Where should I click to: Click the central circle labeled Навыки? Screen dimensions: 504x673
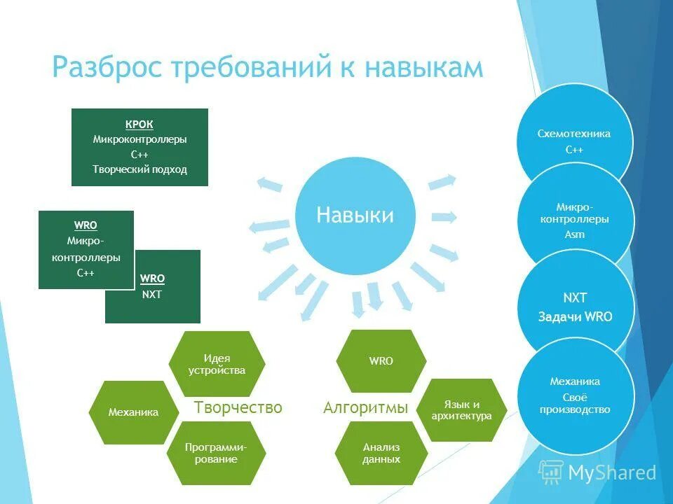(355, 215)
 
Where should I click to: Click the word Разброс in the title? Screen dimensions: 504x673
(112, 68)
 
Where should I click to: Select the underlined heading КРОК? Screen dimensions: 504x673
(140, 125)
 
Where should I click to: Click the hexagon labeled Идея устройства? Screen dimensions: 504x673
(217, 364)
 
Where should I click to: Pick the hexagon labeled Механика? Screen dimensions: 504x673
(133, 412)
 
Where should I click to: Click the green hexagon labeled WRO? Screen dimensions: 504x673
(381, 361)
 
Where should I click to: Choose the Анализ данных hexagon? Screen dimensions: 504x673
(381, 453)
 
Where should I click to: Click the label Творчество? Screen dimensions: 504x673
(238, 407)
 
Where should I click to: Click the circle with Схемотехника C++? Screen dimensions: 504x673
(574, 140)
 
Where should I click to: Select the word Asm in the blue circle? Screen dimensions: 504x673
(574, 234)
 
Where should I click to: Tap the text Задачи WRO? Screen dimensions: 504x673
(575, 316)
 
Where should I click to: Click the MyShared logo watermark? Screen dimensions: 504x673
(597, 472)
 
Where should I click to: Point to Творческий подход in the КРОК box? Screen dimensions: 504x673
(140, 169)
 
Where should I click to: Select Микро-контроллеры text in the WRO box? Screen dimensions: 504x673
(86, 249)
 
